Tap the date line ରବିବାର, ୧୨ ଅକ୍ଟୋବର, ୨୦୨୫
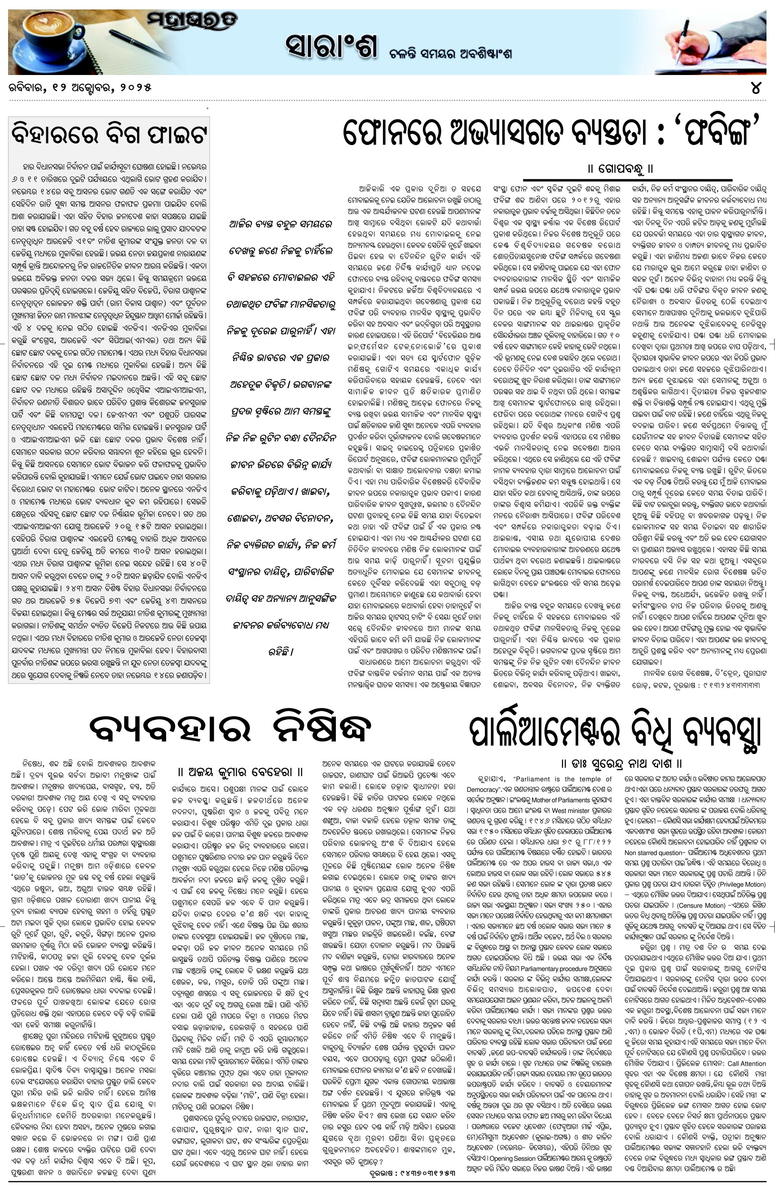click(x=79, y=88)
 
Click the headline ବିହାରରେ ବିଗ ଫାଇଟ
click(x=109, y=134)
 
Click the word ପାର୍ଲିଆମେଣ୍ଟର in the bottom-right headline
click(x=546, y=732)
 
